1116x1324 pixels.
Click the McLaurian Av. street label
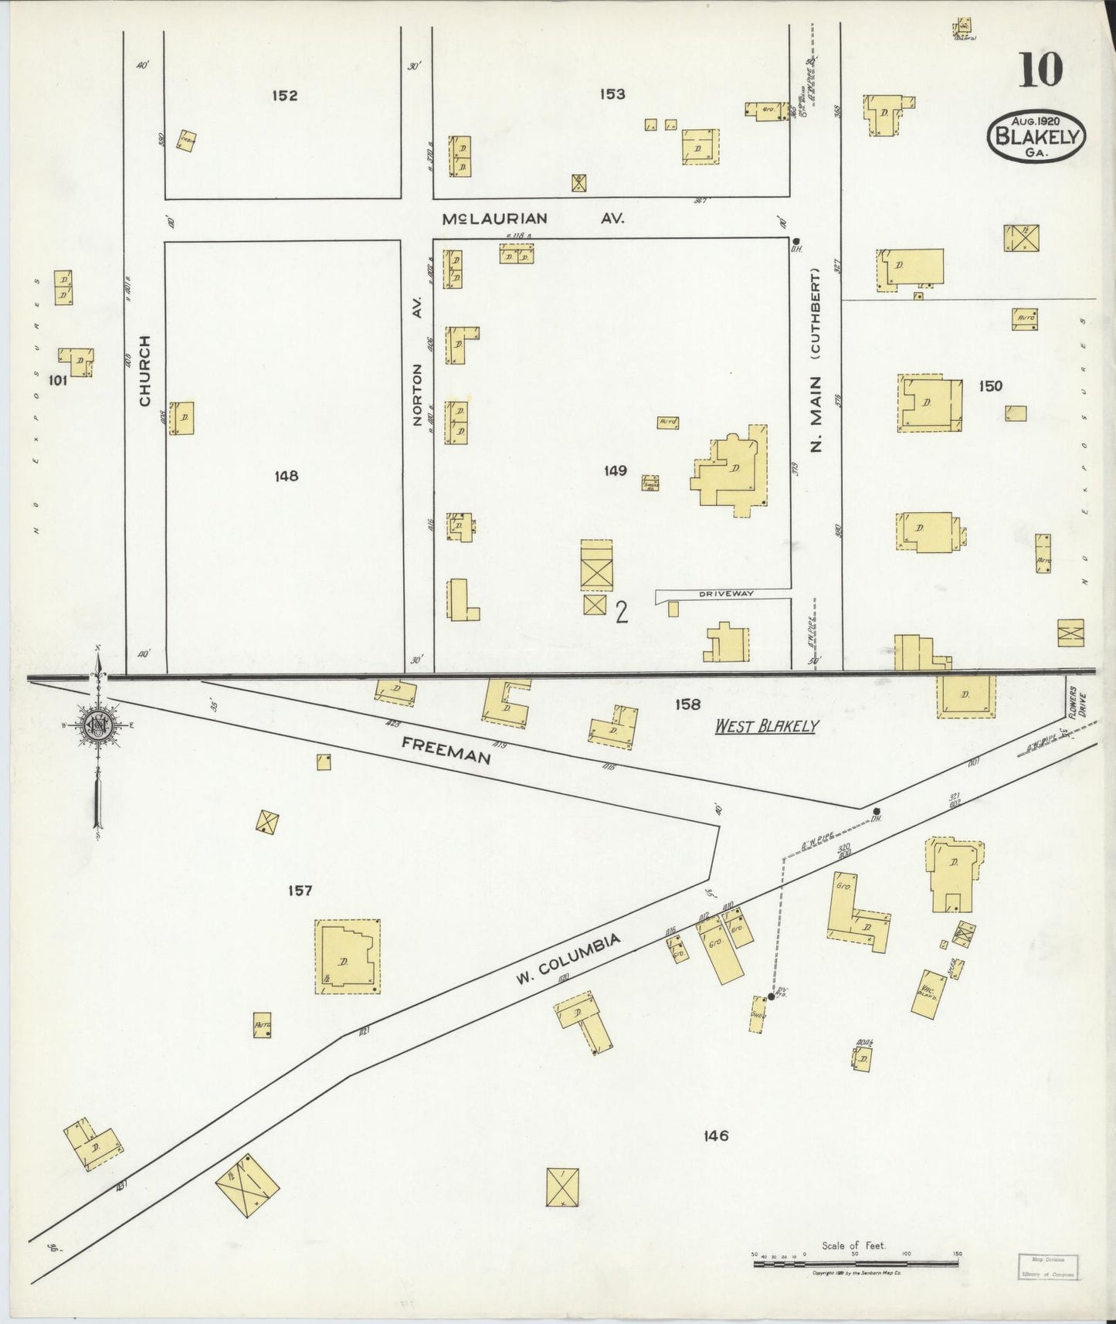click(533, 219)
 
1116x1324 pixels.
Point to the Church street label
click(144, 370)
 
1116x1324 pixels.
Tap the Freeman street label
click(446, 749)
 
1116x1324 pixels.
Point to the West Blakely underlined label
click(765, 726)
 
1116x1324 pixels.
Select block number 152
click(284, 96)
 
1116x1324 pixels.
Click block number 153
click(612, 94)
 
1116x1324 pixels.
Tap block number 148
click(286, 477)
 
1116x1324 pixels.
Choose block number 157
click(300, 891)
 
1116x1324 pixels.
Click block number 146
click(716, 1136)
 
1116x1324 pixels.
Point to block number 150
click(989, 386)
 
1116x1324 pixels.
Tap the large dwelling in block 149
click(728, 471)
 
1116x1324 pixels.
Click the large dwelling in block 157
click(346, 956)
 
